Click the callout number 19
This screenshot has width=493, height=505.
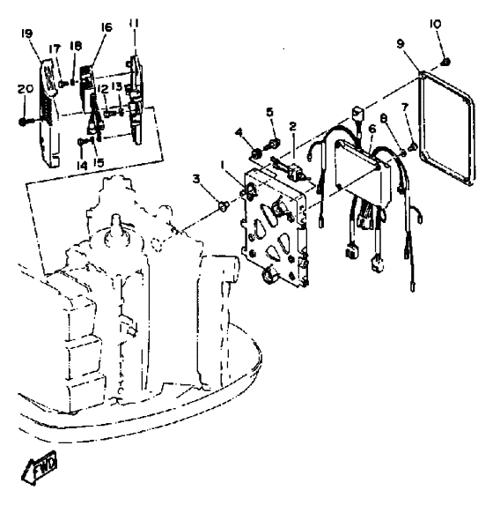pyautogui.click(x=27, y=33)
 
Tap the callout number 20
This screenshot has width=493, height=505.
pyautogui.click(x=26, y=88)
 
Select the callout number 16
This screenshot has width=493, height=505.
pyautogui.click(x=107, y=27)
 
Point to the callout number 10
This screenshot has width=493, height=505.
pyautogui.click(x=436, y=24)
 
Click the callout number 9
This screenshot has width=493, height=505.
pyautogui.click(x=400, y=43)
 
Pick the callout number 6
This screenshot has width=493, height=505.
pyautogui.click(x=372, y=129)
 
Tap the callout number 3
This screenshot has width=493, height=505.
pyautogui.click(x=196, y=178)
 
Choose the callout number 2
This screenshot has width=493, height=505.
pyautogui.click(x=292, y=126)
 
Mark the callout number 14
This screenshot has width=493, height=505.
pyautogui.click(x=82, y=166)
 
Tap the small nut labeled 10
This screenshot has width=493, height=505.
pyautogui.click(x=445, y=62)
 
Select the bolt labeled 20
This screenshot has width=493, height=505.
pyautogui.click(x=28, y=122)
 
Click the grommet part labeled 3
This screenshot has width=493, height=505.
pyautogui.click(x=223, y=204)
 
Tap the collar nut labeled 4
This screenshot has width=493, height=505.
pyautogui.click(x=256, y=153)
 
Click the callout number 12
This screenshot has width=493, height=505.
pyautogui.click(x=103, y=89)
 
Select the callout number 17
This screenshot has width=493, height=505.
pyautogui.click(x=55, y=49)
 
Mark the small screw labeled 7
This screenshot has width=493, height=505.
pyautogui.click(x=413, y=147)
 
